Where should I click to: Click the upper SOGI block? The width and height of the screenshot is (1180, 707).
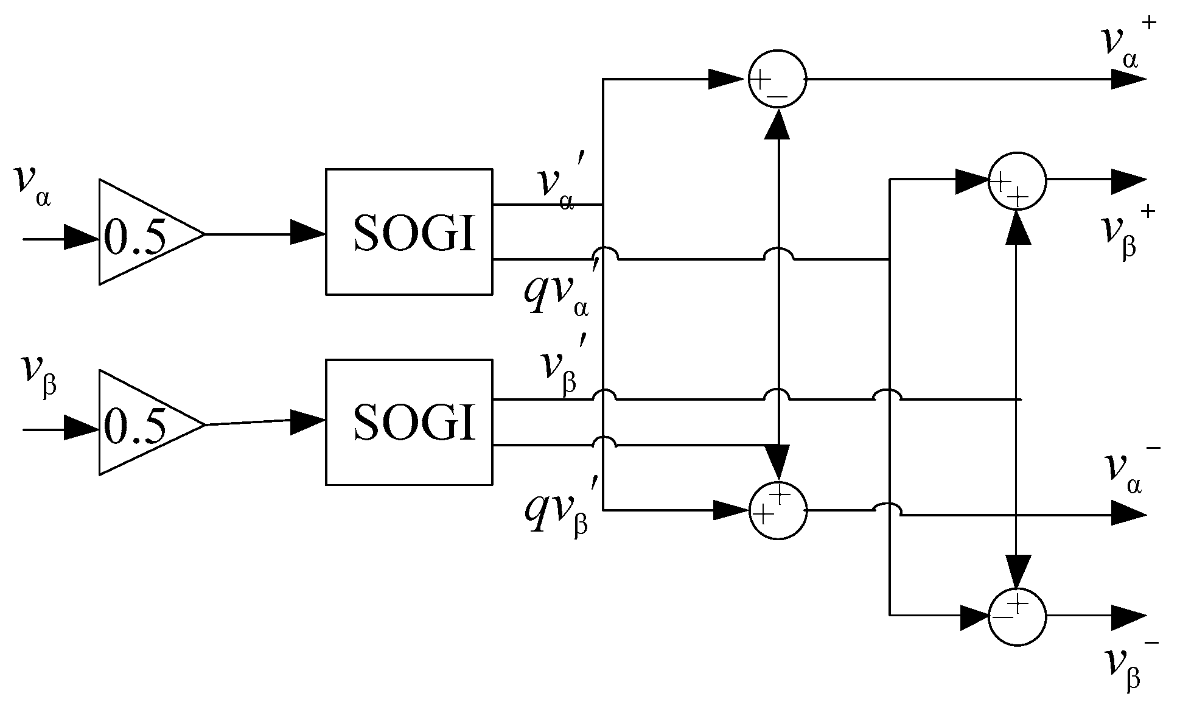pos(409,232)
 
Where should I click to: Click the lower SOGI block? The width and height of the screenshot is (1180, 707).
pos(409,422)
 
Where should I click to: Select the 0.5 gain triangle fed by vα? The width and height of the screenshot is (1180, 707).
pos(140,233)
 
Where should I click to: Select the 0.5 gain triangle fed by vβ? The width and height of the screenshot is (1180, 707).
pos(140,423)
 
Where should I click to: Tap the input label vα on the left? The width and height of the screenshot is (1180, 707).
pos(32,186)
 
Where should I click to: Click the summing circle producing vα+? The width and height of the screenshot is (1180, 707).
pos(777,79)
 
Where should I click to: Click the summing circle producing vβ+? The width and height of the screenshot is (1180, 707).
pos(1017,181)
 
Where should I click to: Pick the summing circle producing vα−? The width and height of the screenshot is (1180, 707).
pos(777,510)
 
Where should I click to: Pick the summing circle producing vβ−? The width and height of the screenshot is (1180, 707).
pos(1017,616)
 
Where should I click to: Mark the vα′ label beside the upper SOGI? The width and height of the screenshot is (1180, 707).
pos(560,183)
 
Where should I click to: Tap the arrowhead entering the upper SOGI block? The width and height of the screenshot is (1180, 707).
pos(307,232)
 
